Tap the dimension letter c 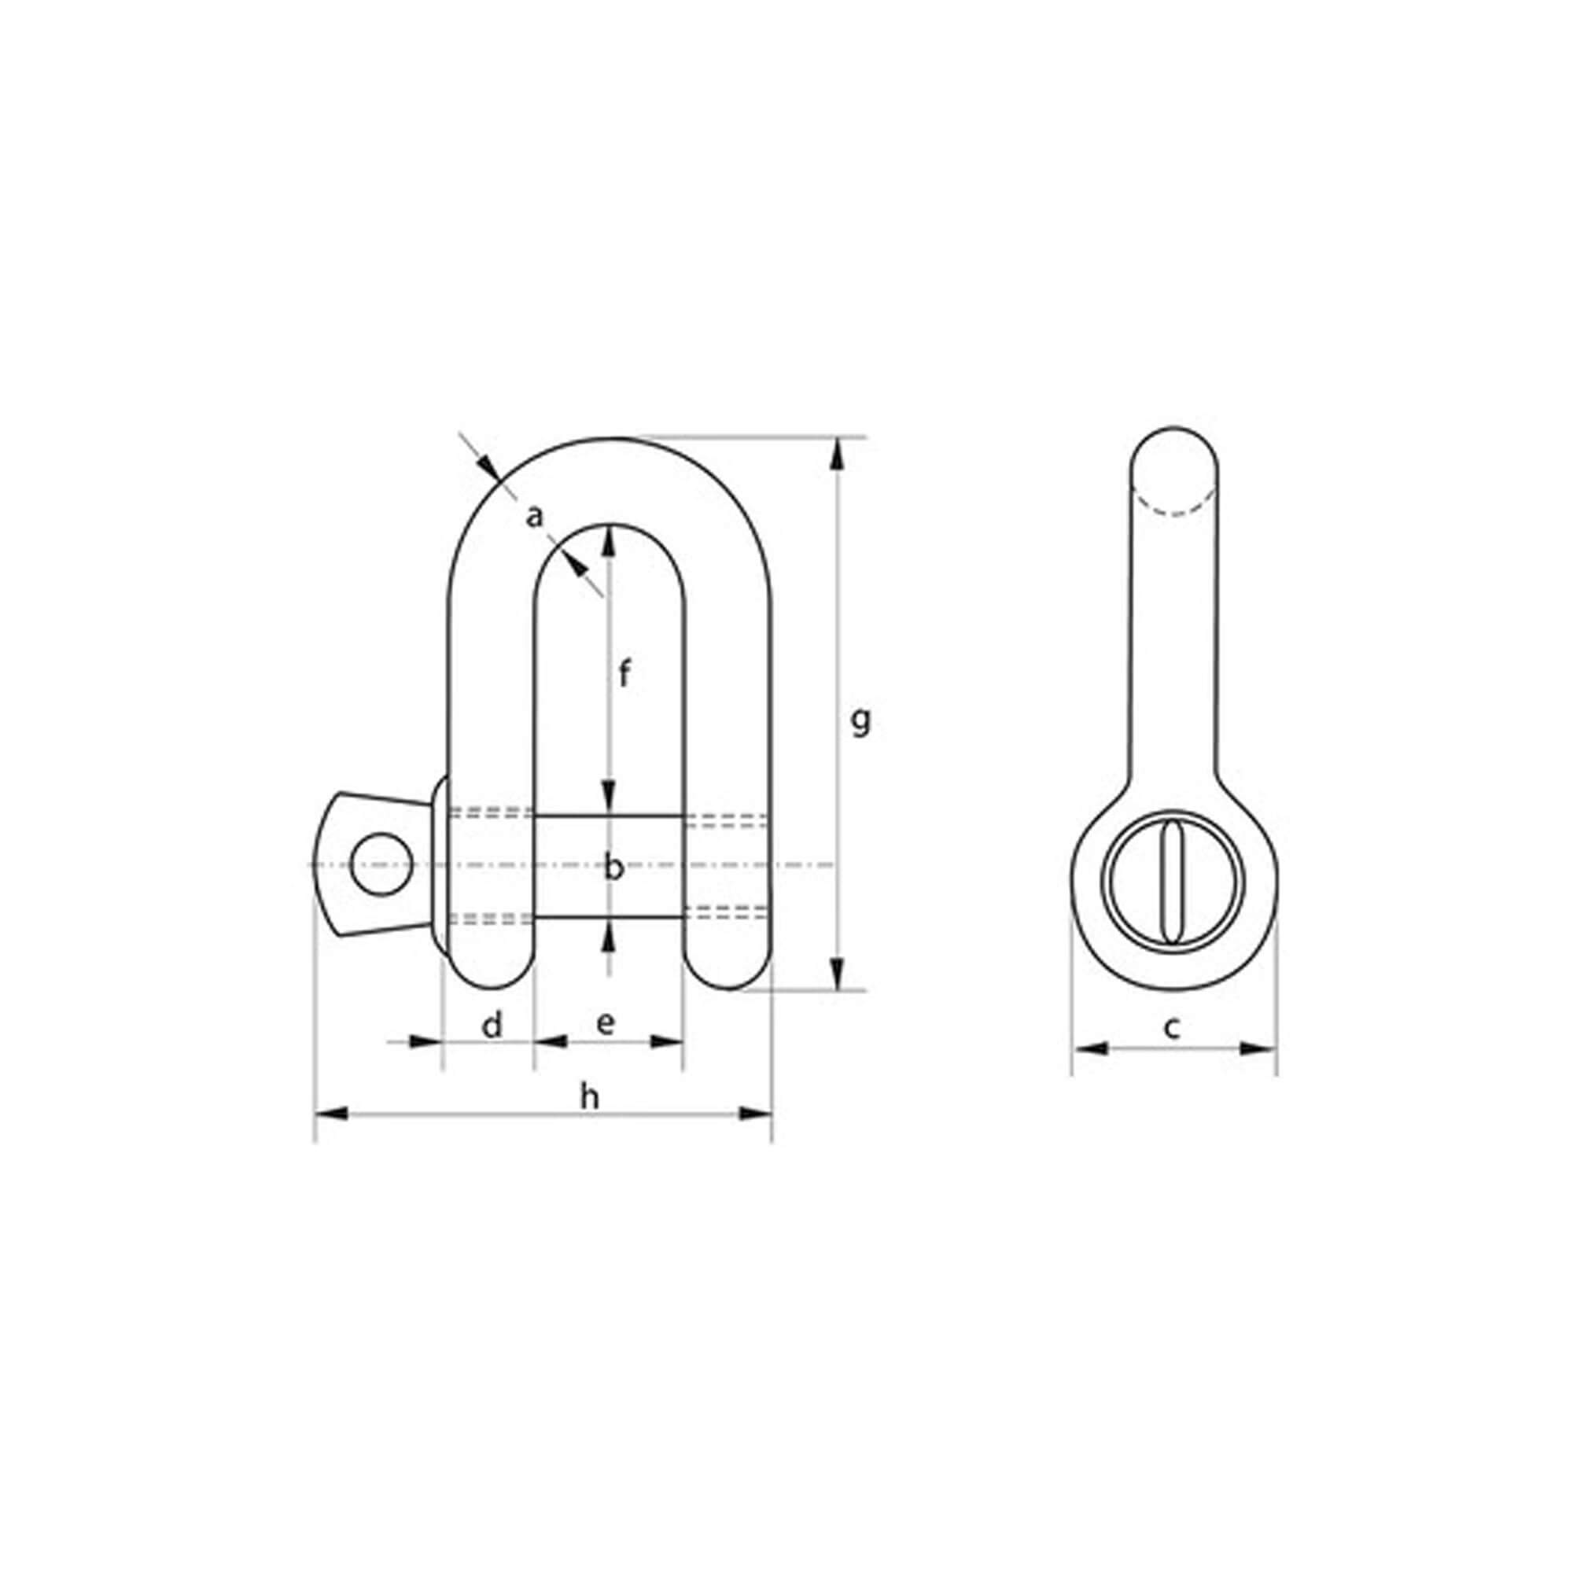[x=1172, y=1027]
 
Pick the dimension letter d [x=492, y=1025]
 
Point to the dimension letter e [x=605, y=1023]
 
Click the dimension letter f [x=624, y=674]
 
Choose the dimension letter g [x=860, y=720]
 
